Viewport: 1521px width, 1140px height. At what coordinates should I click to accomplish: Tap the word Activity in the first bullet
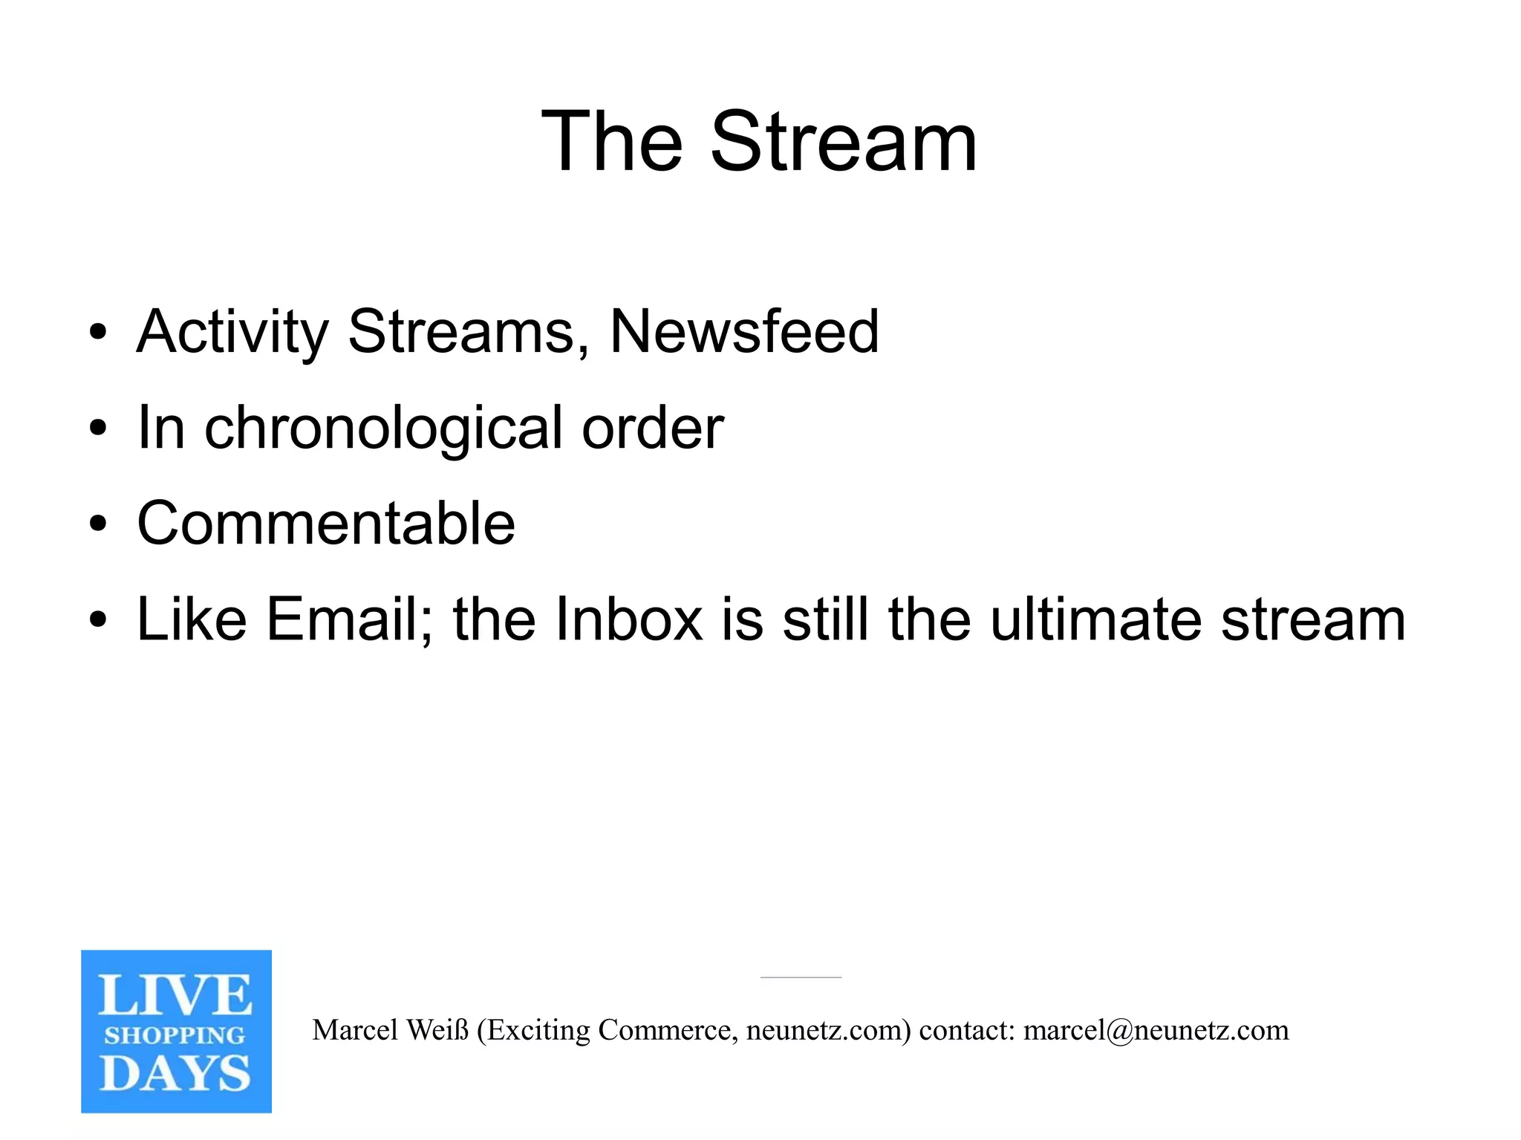233,332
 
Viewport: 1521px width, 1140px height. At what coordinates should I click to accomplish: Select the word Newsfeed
744,331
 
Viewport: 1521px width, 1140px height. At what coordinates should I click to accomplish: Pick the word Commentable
326,524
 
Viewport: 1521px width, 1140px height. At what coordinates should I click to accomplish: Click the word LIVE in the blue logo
175,995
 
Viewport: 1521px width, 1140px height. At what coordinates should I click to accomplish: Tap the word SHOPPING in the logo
175,1035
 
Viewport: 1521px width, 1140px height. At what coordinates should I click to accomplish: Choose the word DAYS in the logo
175,1074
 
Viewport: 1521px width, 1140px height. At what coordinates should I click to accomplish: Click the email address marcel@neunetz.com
1156,1030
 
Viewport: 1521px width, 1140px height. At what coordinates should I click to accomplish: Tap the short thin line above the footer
801,977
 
